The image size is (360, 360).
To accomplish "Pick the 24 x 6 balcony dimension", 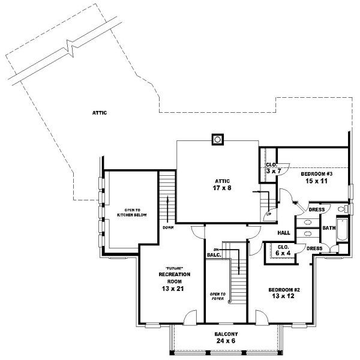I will (226, 341).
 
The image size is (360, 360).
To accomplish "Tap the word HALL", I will (284, 233).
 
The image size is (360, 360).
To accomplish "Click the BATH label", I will (329, 228).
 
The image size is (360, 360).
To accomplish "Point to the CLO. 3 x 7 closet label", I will (271, 167).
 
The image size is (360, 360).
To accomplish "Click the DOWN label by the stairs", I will (168, 227).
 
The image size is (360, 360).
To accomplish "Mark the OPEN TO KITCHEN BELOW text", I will (124, 211).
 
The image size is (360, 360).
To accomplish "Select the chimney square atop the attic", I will (217, 140).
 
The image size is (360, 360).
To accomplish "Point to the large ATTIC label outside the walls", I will (99, 112).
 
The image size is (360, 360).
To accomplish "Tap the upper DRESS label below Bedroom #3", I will (317, 209).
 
